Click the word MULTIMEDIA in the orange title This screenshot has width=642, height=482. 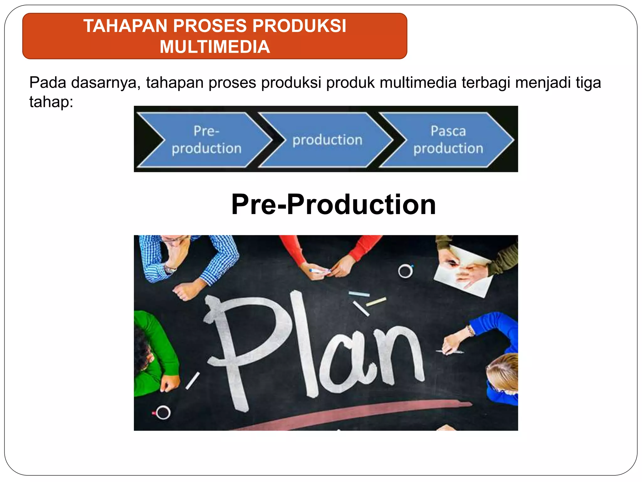pos(215,47)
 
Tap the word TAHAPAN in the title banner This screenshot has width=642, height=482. pos(125,26)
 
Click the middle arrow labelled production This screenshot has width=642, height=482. pos(327,140)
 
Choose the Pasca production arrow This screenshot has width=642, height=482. pos(448,140)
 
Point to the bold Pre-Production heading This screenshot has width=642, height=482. pos(333,204)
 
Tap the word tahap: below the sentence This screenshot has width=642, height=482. pos(51,102)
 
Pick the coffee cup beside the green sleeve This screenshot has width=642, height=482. pos(163,412)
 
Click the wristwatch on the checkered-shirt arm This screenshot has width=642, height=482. pos(170,269)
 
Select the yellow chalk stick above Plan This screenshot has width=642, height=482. pos(376,302)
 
